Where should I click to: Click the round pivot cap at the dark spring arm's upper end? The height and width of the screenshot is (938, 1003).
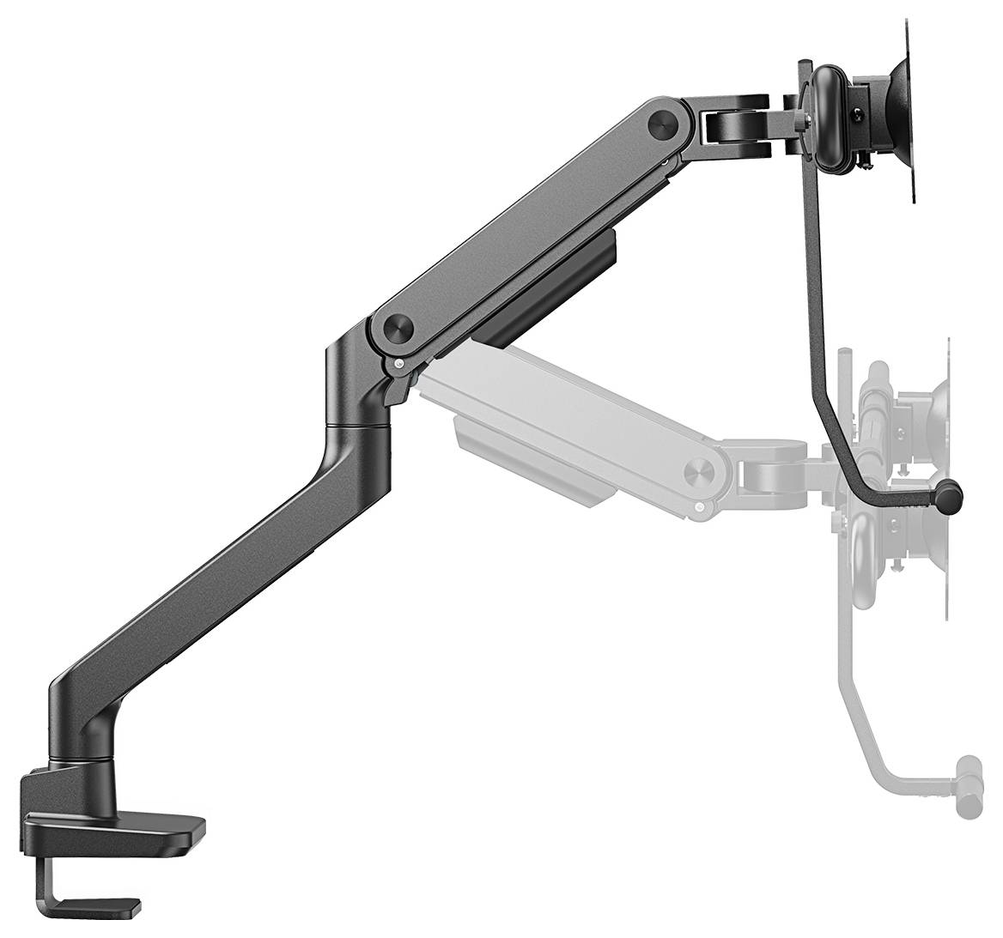[665, 121]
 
